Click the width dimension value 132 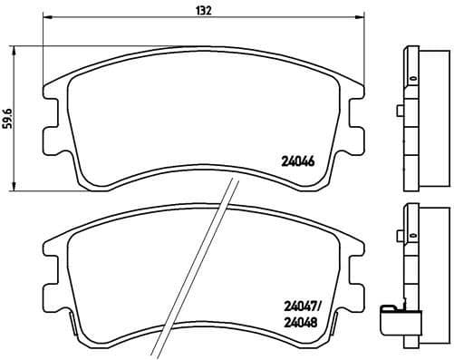179,11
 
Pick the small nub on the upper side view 399,113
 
